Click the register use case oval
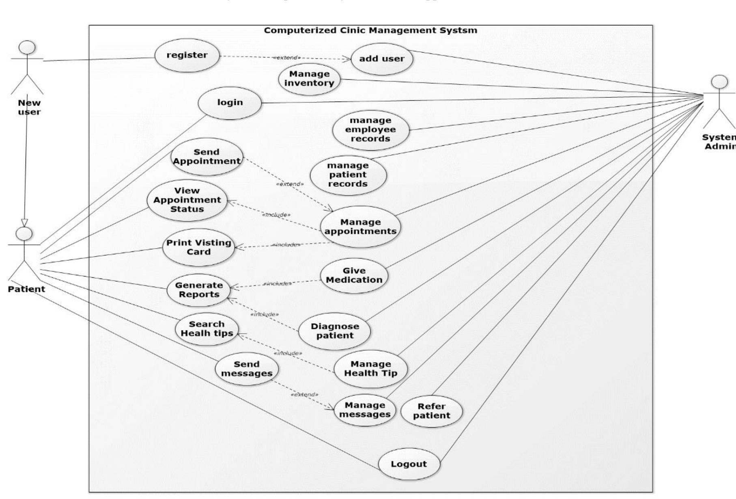coord(187,56)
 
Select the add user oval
coord(381,59)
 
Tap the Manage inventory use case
coord(309,79)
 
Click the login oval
coord(230,103)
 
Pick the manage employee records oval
coord(370,130)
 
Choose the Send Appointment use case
coord(207,157)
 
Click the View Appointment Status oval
coord(187,200)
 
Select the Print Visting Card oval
coord(198,247)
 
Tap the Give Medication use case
coord(354,276)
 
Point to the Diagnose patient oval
coord(335,331)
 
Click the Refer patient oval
coord(431,411)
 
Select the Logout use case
coord(409,464)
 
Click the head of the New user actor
coord(27,47)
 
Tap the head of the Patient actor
coord(24,234)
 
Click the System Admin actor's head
coord(720,82)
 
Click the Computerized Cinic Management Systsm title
coord(370,30)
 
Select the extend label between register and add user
coord(286,58)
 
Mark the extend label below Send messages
coord(304,394)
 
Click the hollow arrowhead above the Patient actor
coord(24,222)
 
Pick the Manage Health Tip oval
coord(370,369)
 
